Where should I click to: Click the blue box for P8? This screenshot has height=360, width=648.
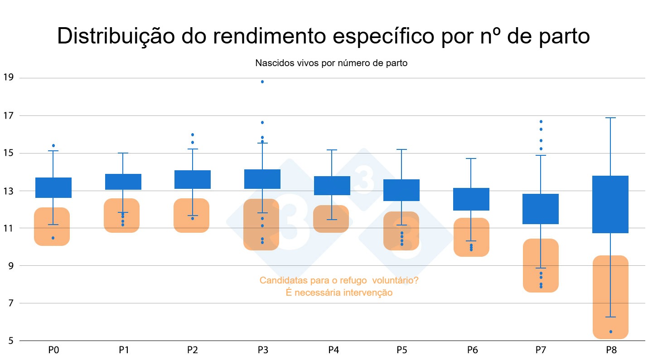610,204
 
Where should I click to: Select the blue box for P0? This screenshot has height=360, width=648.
53,187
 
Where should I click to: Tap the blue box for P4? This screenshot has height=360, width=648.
332,186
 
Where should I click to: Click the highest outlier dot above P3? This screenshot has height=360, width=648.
262,82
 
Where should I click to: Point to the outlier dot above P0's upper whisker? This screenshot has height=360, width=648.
53,145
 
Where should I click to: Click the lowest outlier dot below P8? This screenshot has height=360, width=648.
611,332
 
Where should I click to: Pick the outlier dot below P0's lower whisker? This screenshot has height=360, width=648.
53,238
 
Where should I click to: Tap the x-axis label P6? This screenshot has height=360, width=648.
471,350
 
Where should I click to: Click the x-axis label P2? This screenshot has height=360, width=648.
193,350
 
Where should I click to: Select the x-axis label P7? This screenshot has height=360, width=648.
541,350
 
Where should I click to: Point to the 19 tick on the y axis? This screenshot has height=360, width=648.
9,77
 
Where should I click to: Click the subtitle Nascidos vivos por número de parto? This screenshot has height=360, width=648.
331,63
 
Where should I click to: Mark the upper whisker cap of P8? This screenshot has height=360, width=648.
610,118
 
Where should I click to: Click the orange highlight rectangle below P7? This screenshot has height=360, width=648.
541,265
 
